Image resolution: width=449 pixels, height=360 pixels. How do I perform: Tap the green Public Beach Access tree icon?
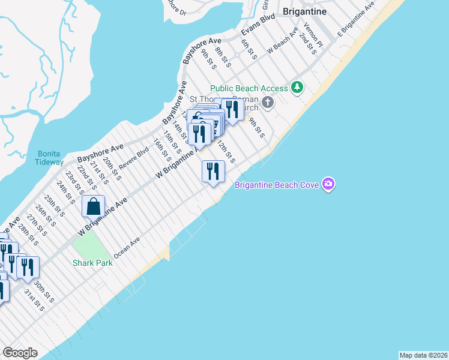coord(297,88)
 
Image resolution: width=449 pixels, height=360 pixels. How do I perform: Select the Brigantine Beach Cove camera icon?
coord(328,184)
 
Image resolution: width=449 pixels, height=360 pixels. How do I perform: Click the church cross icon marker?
coord(268,103)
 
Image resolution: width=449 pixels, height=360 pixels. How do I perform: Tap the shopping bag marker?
coord(94,207)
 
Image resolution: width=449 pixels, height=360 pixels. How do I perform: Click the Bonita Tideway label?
coord(50,158)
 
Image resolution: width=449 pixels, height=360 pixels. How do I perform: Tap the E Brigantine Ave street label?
coord(356,17)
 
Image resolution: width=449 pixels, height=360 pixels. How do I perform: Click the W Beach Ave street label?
coord(283,41)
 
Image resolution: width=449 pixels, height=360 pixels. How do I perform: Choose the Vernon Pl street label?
coord(313,34)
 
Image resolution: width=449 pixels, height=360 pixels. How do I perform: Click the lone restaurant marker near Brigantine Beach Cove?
coord(213,172)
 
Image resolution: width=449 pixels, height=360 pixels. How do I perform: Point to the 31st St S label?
coord(34,299)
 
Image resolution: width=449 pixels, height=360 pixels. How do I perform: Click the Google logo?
coord(20,353)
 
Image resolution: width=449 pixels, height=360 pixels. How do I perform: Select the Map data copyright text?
coord(423,355)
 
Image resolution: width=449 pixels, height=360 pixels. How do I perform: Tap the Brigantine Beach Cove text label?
coord(277,185)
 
